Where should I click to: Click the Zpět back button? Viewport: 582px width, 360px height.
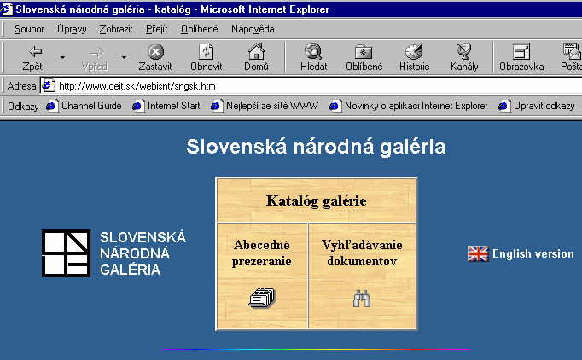tap(32, 58)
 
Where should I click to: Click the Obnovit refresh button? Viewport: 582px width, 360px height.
tap(206, 58)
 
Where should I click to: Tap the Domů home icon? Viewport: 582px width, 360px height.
tap(256, 51)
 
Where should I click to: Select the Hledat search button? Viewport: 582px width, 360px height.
tap(314, 58)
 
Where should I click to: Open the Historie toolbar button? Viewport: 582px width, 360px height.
tap(414, 58)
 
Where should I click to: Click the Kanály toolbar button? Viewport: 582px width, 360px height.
tap(464, 58)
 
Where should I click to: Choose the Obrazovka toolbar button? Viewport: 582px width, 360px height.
tap(521, 58)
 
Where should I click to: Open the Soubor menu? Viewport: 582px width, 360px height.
tap(29, 29)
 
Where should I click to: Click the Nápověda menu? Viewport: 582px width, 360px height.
tap(253, 29)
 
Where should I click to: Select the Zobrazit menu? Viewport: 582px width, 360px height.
tap(116, 29)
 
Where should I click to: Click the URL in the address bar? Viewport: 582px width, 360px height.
tap(137, 86)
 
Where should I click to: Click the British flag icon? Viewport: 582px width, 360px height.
tap(478, 254)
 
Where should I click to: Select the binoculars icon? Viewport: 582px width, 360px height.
tap(362, 299)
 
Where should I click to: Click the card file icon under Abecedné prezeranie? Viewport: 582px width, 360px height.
tap(262, 298)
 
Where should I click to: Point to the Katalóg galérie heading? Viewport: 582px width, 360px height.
tap(317, 200)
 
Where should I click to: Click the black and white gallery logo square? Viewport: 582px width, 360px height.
tap(66, 253)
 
